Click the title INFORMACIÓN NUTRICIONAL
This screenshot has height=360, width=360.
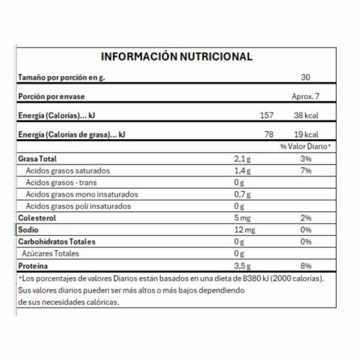[x=176, y=57]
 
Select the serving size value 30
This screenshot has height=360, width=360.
[x=307, y=77]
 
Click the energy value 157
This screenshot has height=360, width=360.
[x=265, y=115]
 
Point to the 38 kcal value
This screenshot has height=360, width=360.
[x=307, y=115]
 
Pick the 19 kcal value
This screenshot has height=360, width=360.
[x=307, y=134]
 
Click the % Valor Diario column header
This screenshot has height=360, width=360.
[x=305, y=147]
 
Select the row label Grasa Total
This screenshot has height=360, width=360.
[x=38, y=159]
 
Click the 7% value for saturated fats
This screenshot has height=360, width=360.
[x=307, y=171]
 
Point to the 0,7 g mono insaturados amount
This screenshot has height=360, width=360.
[x=241, y=194]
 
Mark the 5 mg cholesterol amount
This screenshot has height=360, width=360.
[x=241, y=218]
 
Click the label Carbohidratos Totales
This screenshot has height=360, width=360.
[x=57, y=242]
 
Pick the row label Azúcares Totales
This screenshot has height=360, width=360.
[x=51, y=254]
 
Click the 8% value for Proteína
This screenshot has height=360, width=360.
[x=307, y=266]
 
